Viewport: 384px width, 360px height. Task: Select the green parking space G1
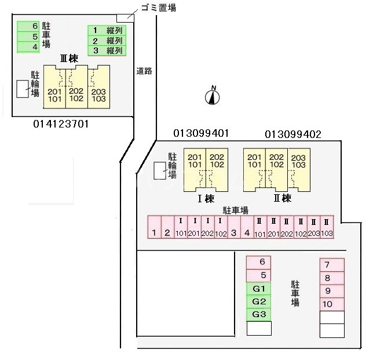coord(259,289)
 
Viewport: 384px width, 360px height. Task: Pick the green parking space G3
coord(259,314)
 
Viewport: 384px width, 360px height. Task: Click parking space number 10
coord(331,304)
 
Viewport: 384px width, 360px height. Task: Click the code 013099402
coord(293,134)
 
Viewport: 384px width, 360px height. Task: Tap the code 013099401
coord(202,133)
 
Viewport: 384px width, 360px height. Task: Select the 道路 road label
coord(145,71)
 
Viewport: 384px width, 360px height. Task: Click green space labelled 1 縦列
coord(107,31)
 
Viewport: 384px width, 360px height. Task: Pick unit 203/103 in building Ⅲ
coord(99,94)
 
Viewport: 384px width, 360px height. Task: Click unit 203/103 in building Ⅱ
coord(298,161)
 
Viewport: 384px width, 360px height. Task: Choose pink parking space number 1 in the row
coord(154,229)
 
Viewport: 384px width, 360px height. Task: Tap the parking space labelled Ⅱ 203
coord(313,229)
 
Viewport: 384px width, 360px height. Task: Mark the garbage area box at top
coord(125,17)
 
